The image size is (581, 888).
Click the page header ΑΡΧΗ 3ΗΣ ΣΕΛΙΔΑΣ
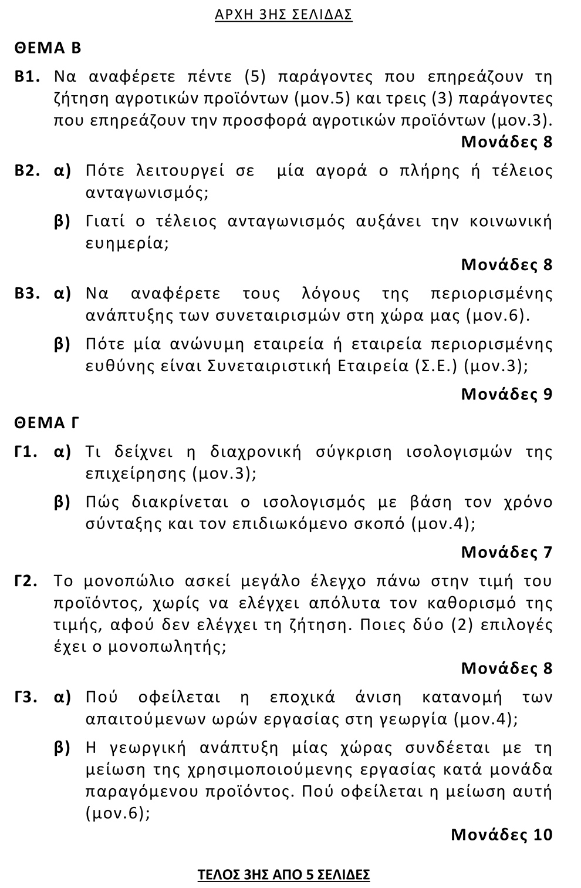[x=283, y=15]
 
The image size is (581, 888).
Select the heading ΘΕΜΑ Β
[x=48, y=48]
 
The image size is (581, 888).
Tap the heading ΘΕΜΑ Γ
[x=47, y=422]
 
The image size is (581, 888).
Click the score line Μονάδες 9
[x=506, y=393]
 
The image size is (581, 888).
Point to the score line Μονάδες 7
[x=506, y=552]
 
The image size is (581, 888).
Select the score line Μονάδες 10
[x=502, y=834]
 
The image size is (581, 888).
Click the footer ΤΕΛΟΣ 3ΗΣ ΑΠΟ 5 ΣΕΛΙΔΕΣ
[x=283, y=874]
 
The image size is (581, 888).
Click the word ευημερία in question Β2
[x=127, y=243]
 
